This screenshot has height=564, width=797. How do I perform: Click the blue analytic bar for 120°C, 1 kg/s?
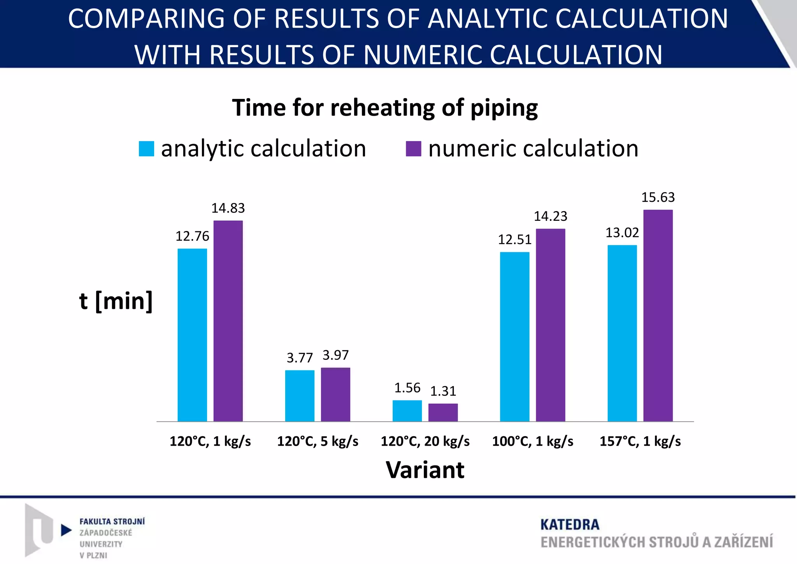pos(192,335)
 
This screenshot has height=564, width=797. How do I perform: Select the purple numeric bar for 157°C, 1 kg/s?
pos(658,315)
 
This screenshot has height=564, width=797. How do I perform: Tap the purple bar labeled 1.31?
pos(443,412)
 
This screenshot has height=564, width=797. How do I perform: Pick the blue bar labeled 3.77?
pos(300,396)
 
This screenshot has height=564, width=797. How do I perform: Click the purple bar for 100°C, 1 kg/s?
pos(550,325)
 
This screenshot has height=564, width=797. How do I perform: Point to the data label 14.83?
pos(228,208)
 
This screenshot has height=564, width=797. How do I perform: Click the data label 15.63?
pos(658,197)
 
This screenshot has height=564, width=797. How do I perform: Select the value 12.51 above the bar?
pos(514,240)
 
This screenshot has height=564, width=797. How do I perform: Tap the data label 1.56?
pos(407,388)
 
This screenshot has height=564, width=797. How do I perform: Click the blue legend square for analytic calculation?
pos(146,149)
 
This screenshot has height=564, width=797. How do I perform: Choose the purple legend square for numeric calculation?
pos(413,149)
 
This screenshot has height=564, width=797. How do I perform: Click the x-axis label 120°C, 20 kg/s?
pos(425,441)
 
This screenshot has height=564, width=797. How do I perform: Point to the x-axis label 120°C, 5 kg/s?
pos(318,441)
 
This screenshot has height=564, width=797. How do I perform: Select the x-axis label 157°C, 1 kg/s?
pos(640,441)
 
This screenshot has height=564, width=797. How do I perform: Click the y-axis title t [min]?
pos(116,301)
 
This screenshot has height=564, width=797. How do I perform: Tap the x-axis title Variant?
pos(425,470)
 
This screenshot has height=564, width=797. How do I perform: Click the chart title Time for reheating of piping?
pos(385,108)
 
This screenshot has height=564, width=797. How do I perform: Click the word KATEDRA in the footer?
pos(570,525)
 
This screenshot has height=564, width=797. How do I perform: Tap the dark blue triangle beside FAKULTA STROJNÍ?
pos(66,530)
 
